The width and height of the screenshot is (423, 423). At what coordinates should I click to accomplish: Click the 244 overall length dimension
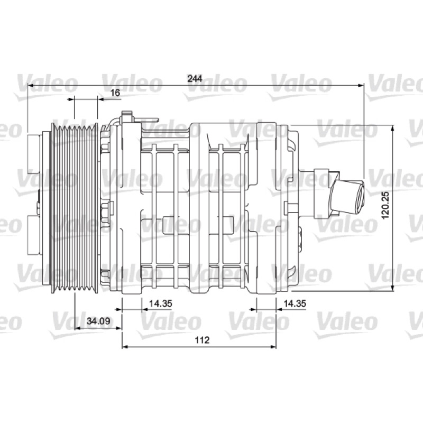[x=195, y=78]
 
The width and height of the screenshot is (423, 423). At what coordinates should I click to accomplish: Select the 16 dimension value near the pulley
[x=115, y=93]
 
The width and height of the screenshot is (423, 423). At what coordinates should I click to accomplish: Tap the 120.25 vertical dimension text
[x=386, y=205]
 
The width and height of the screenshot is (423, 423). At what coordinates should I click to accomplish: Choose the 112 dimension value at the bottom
[x=202, y=340]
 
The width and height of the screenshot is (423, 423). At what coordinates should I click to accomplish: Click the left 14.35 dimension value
[x=161, y=303]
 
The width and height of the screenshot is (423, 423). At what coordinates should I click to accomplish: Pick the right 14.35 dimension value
[x=295, y=303]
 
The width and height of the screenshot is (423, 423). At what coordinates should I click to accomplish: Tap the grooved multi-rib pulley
[x=75, y=208]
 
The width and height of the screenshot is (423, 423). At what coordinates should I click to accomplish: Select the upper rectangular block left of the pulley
[x=34, y=153]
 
